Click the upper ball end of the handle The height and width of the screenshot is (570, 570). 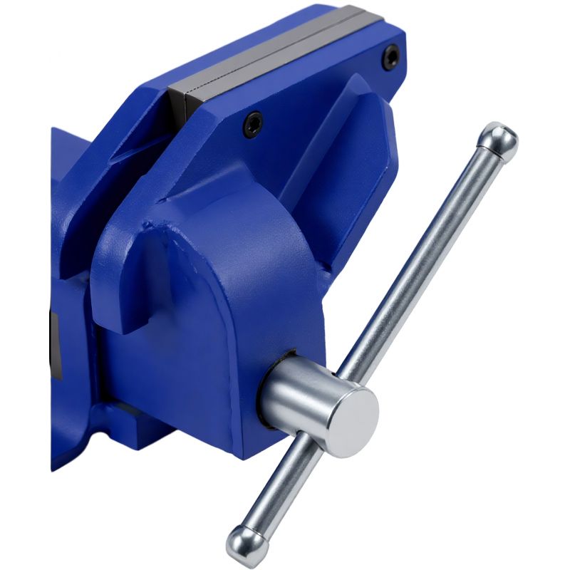tap(499, 139)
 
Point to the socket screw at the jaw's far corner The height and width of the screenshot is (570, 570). tap(390, 56)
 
